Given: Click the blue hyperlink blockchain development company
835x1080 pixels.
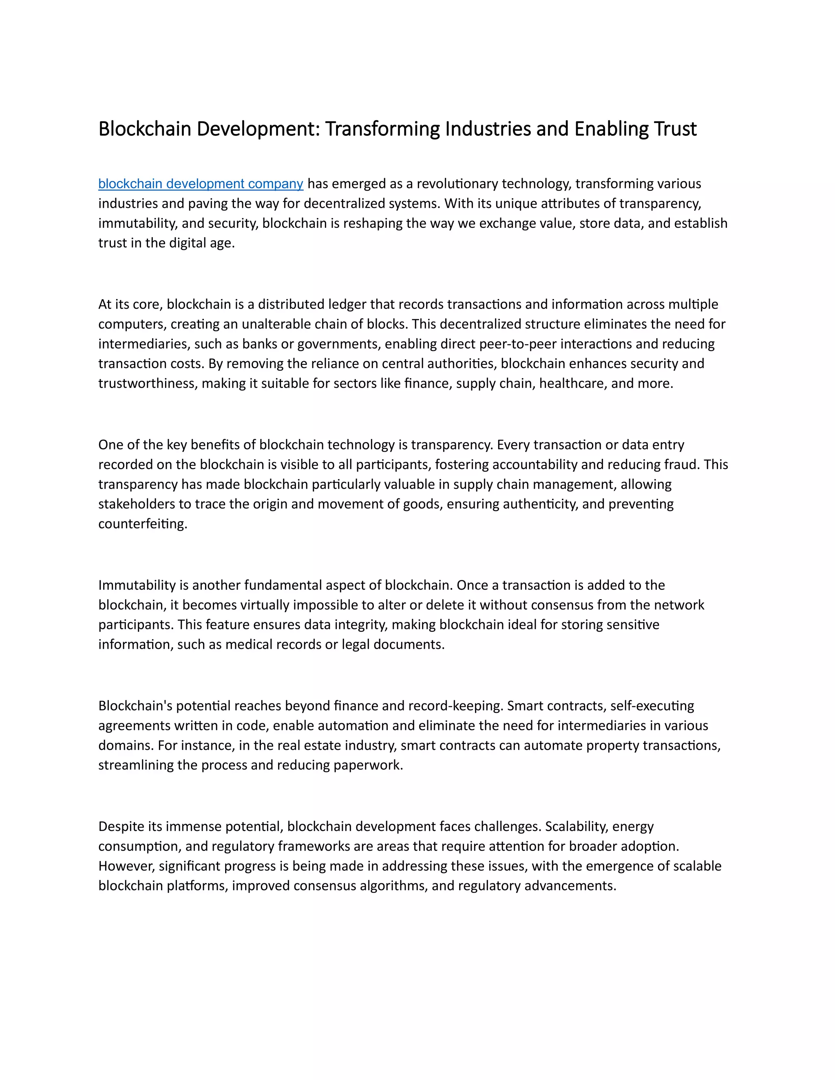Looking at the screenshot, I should pyautogui.click(x=200, y=184).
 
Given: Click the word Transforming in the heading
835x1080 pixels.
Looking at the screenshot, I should pyautogui.click(x=383, y=129).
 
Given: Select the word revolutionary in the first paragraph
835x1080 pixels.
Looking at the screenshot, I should pyautogui.click(x=457, y=184).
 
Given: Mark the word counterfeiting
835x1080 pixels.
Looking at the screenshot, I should pyautogui.click(x=142, y=524).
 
